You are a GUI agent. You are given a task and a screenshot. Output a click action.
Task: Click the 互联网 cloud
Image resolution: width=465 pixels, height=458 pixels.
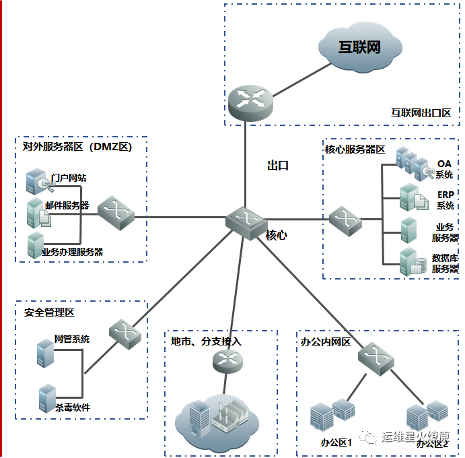[x=359, y=49]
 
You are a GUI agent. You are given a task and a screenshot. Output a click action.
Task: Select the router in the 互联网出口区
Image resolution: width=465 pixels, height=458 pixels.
[x=250, y=100]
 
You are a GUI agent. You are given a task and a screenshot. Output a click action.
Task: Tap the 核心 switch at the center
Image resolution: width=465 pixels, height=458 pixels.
[x=243, y=220]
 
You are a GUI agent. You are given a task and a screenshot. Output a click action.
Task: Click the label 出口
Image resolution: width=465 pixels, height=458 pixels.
[x=277, y=165]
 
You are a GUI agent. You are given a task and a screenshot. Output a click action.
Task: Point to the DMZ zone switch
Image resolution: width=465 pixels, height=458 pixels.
[x=116, y=214]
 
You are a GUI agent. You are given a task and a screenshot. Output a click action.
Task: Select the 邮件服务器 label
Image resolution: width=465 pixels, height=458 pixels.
[x=67, y=205]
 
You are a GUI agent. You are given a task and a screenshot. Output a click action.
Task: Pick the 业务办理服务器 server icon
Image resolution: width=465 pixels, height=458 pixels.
[x=36, y=244]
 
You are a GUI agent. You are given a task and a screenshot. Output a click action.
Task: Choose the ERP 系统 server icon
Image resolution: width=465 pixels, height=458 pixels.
[x=410, y=197]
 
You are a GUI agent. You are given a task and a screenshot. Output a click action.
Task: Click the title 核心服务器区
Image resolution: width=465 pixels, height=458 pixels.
[x=355, y=150]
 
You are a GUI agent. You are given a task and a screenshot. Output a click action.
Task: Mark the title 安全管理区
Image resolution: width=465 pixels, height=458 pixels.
[x=49, y=313]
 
